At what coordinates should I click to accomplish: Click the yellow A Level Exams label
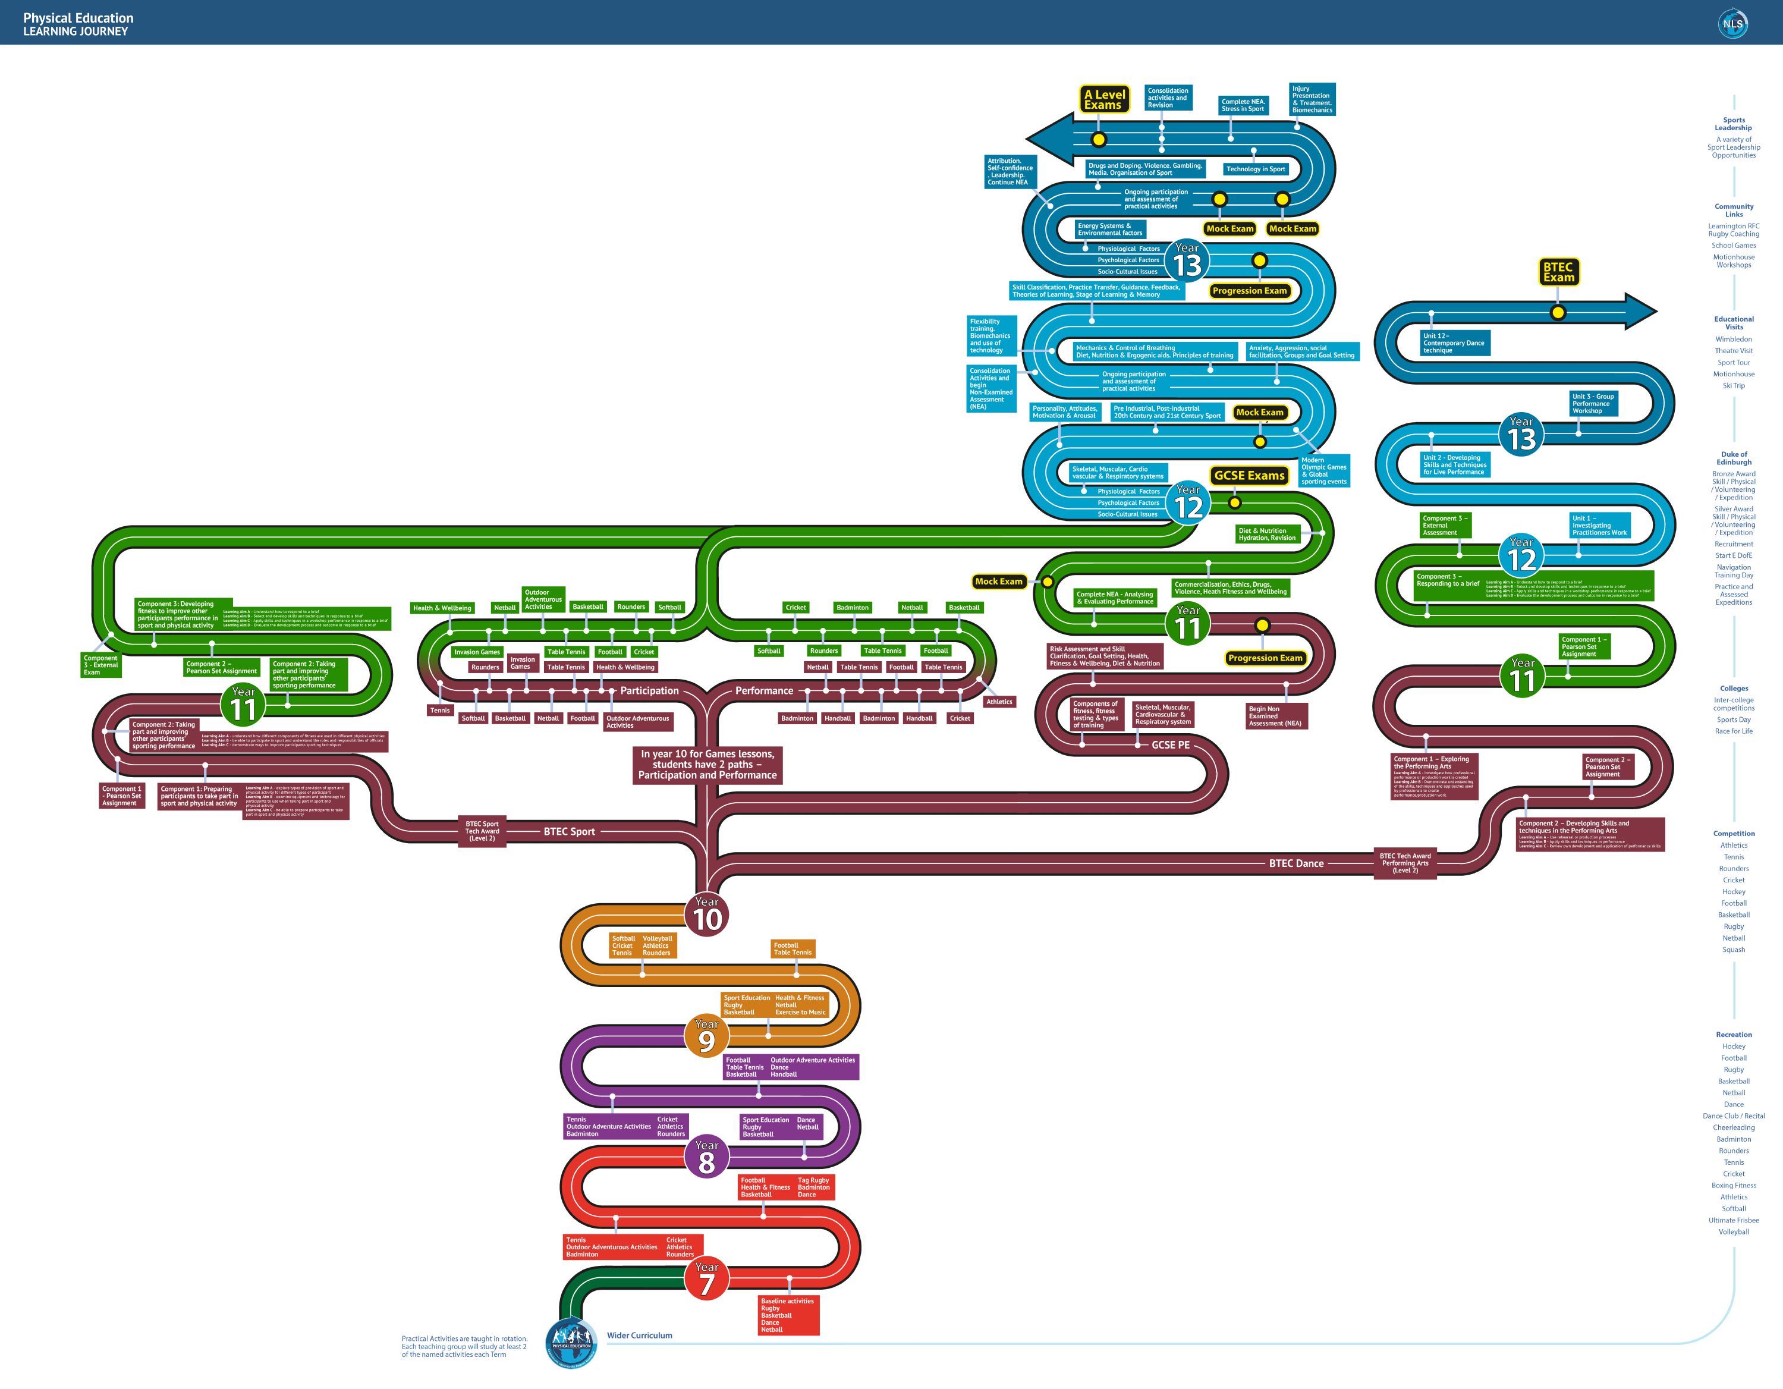tap(1104, 100)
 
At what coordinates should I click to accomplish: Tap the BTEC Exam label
tap(1558, 272)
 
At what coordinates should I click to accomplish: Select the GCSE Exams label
tap(1249, 475)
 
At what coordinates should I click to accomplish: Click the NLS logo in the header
tap(1732, 24)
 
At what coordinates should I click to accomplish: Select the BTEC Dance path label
tap(1295, 863)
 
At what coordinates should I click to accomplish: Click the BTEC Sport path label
tap(569, 831)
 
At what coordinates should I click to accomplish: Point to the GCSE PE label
tap(1170, 744)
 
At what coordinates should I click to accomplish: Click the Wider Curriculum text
tap(639, 1335)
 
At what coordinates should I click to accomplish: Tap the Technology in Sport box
tap(1255, 169)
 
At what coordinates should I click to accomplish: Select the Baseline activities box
tap(788, 1315)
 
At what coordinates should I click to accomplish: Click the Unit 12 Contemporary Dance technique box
tap(1454, 343)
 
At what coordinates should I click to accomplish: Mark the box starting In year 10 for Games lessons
tap(707, 764)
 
